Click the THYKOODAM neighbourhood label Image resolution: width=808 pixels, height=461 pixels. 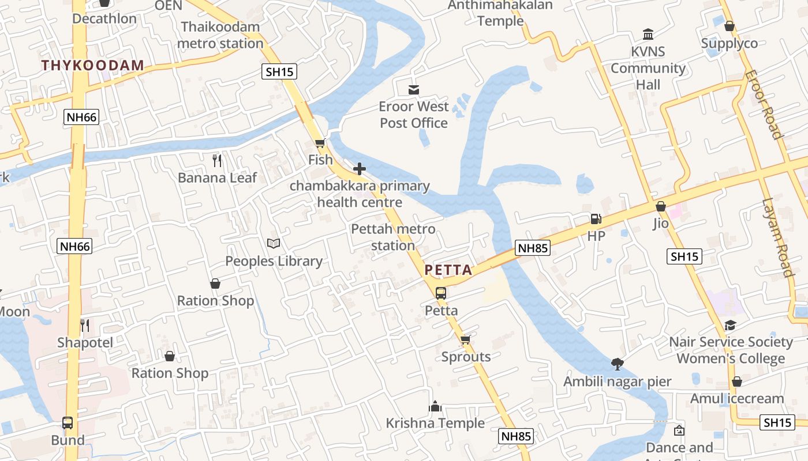pos(92,65)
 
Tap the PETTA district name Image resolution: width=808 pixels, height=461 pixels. pos(448,270)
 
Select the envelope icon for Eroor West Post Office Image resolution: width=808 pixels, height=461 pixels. pos(414,90)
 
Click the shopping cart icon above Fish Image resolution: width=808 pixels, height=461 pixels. pos(320,143)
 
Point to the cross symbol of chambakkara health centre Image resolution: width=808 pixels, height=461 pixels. pos(360,169)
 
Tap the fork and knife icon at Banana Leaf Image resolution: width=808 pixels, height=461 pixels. pos(217,160)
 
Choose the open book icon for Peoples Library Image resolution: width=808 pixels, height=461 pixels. pos(274,244)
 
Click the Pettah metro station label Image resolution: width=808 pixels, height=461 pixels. pos(393,237)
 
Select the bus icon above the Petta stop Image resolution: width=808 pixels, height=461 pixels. pos(441,293)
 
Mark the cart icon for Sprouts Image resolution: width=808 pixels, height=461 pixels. pos(466,339)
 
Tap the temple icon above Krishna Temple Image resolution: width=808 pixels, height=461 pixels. pos(435,406)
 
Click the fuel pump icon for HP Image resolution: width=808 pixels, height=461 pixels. pos(596,219)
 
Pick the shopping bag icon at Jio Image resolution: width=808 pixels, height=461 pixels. pos(661,206)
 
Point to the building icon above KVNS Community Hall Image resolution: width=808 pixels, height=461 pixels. pos(648,35)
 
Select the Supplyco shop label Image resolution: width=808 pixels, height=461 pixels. pos(730,43)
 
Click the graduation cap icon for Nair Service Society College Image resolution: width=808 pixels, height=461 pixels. pos(731,325)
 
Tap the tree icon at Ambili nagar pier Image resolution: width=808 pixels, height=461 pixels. pos(618,364)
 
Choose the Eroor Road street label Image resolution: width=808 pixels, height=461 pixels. pos(763,104)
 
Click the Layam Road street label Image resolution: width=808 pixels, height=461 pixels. pos(777,237)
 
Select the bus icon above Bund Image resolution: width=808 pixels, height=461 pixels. pos(68,423)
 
